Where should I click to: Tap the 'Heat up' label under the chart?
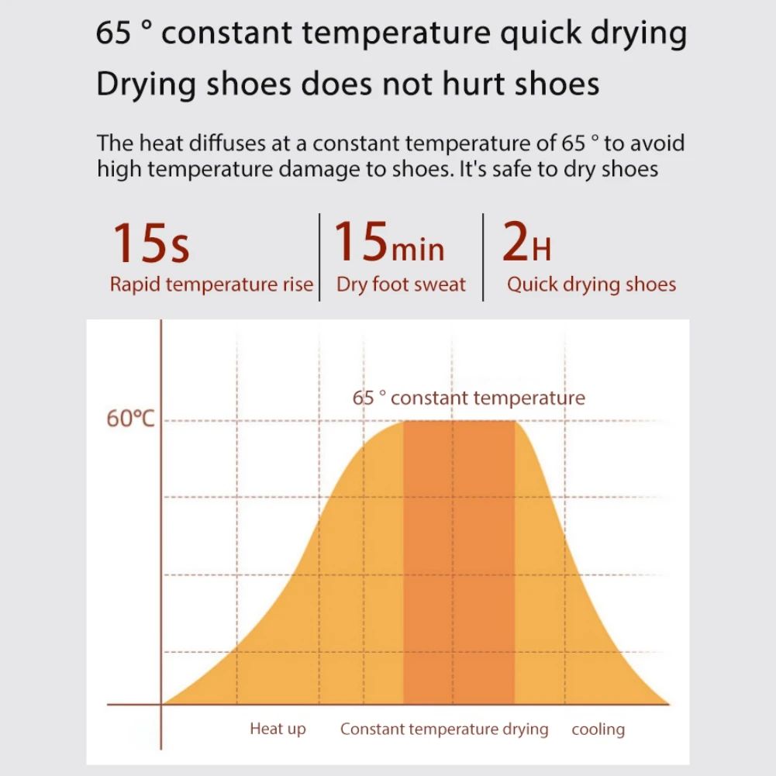tap(278, 729)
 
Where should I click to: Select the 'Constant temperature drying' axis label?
tap(444, 729)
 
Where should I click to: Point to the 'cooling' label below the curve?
tap(598, 729)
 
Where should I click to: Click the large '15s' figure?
tap(152, 243)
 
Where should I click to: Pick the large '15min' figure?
tap(389, 242)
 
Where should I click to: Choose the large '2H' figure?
tap(526, 243)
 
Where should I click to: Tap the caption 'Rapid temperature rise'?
tap(211, 285)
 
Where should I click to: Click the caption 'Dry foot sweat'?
tap(401, 285)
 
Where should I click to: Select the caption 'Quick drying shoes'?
tap(591, 285)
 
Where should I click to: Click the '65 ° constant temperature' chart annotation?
tap(469, 398)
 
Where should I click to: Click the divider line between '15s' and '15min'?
tap(319, 257)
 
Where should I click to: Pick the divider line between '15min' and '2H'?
tap(483, 257)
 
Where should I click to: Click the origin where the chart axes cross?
tap(161, 705)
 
